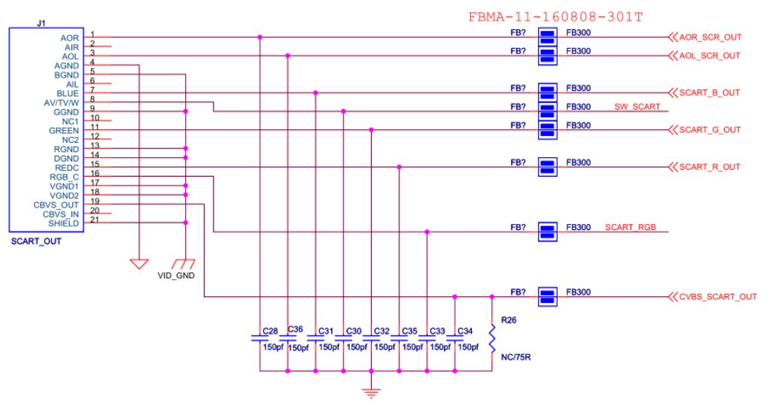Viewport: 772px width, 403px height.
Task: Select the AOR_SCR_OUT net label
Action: (710, 37)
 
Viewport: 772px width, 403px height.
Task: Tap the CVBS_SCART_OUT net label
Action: (717, 297)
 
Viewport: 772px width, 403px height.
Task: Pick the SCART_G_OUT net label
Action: (710, 129)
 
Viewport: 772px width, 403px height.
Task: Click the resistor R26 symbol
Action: (492, 338)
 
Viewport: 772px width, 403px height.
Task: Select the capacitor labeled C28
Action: (260, 338)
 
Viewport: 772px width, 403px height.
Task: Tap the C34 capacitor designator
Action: (464, 331)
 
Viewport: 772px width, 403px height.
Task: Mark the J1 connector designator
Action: (41, 23)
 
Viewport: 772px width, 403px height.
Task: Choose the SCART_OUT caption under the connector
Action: (36, 242)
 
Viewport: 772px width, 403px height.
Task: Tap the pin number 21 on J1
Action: (95, 220)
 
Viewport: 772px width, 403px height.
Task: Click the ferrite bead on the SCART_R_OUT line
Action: (548, 167)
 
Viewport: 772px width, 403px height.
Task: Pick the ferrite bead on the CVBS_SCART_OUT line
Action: (548, 297)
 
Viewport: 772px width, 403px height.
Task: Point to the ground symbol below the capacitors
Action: (371, 391)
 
